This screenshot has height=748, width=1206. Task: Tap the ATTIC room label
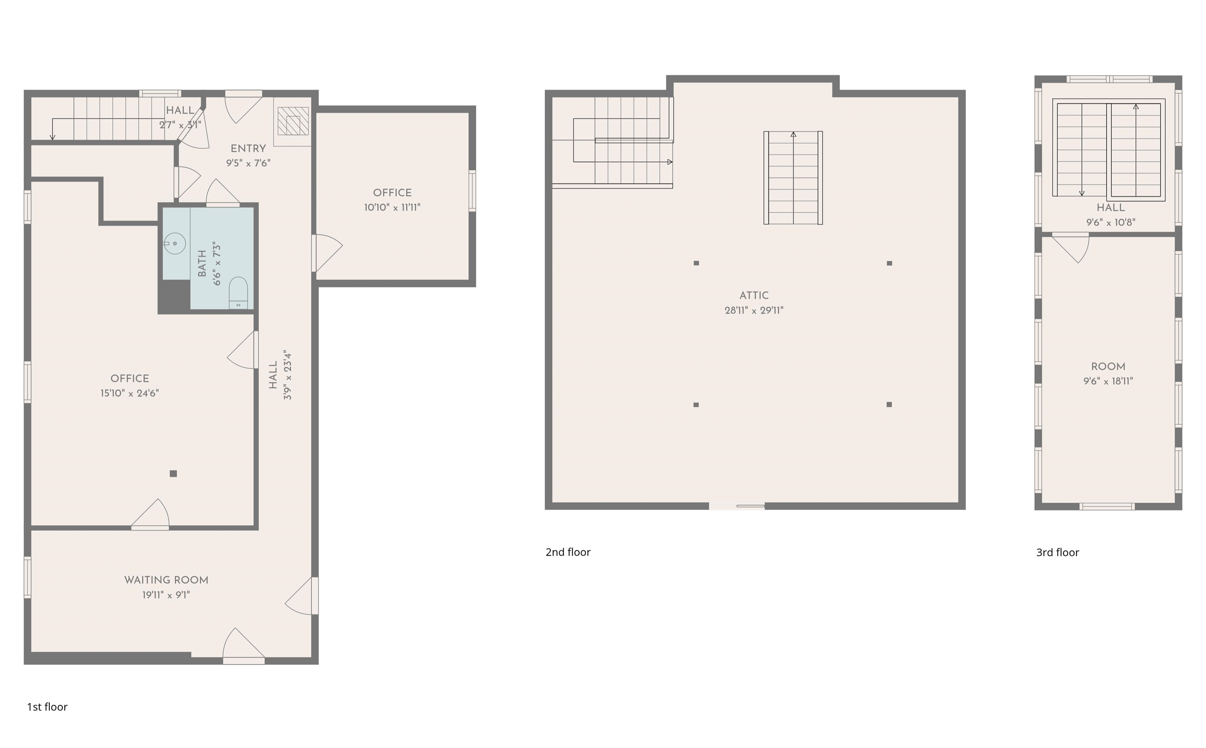(754, 296)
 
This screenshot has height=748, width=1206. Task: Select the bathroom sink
(174, 244)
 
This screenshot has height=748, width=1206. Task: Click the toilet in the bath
(238, 293)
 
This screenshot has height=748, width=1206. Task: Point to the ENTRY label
(248, 148)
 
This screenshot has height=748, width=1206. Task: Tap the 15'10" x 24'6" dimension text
(130, 393)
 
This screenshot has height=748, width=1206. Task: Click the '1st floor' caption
(47, 707)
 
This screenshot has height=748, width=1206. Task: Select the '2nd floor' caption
(568, 552)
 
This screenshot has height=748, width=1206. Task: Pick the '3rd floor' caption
(1058, 553)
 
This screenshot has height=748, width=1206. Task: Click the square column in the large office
(173, 473)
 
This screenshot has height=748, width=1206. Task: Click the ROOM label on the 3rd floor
(1108, 367)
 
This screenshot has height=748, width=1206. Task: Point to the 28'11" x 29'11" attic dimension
(754, 311)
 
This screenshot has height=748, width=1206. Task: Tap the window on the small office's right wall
(472, 191)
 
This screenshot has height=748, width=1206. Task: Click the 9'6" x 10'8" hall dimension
(1111, 223)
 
